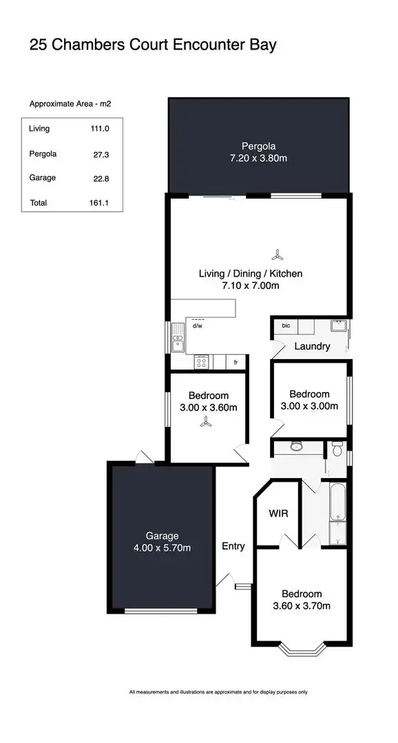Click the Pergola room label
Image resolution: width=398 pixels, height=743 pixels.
coord(258,146)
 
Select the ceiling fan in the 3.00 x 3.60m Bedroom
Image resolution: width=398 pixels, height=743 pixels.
coord(205,424)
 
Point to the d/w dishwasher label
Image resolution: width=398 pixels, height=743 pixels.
coord(197,327)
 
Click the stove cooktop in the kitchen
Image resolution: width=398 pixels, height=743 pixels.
coord(202,361)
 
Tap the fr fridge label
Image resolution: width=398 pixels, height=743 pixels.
coord(236,362)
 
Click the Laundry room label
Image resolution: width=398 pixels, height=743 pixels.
coord(312,346)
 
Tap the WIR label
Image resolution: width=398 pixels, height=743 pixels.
coord(277,513)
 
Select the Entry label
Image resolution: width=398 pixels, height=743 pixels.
coord(233,546)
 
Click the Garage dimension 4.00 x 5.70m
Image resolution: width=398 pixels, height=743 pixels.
coord(163,548)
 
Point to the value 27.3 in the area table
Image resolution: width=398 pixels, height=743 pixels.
coord(101,155)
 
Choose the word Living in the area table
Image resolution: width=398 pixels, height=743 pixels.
coord(39,129)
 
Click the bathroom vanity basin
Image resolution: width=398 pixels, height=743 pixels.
coord(297,446)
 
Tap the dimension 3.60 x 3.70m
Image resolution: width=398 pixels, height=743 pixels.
coord(302,606)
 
